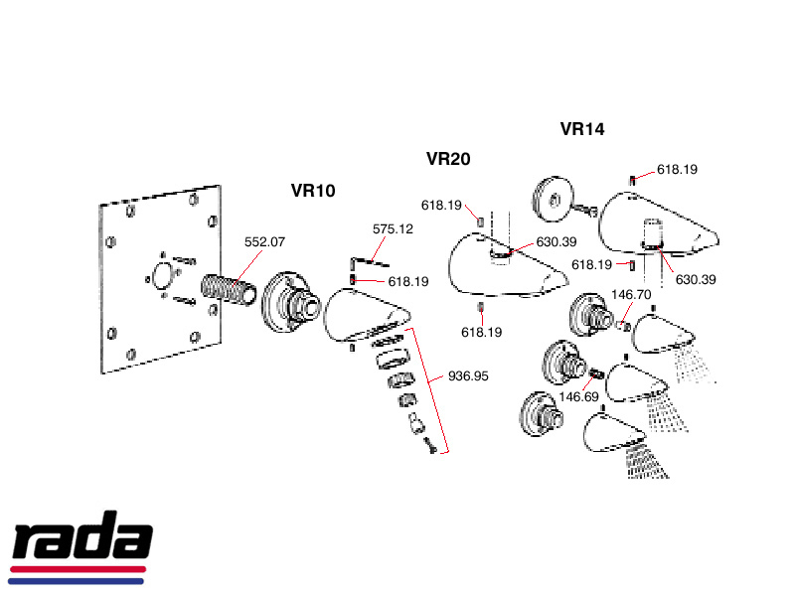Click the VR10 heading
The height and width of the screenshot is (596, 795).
314,191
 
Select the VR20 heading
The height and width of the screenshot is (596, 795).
448,159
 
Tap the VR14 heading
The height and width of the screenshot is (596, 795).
582,128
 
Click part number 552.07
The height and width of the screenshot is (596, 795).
265,241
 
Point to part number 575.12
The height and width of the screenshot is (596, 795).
393,228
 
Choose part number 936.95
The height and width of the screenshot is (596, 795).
469,376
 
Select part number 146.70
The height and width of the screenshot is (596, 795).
631,295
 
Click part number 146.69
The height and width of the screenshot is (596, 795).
578,396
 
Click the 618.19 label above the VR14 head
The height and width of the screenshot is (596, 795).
677,170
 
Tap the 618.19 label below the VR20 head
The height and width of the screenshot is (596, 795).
482,332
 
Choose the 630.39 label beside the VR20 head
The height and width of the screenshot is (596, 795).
556,241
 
